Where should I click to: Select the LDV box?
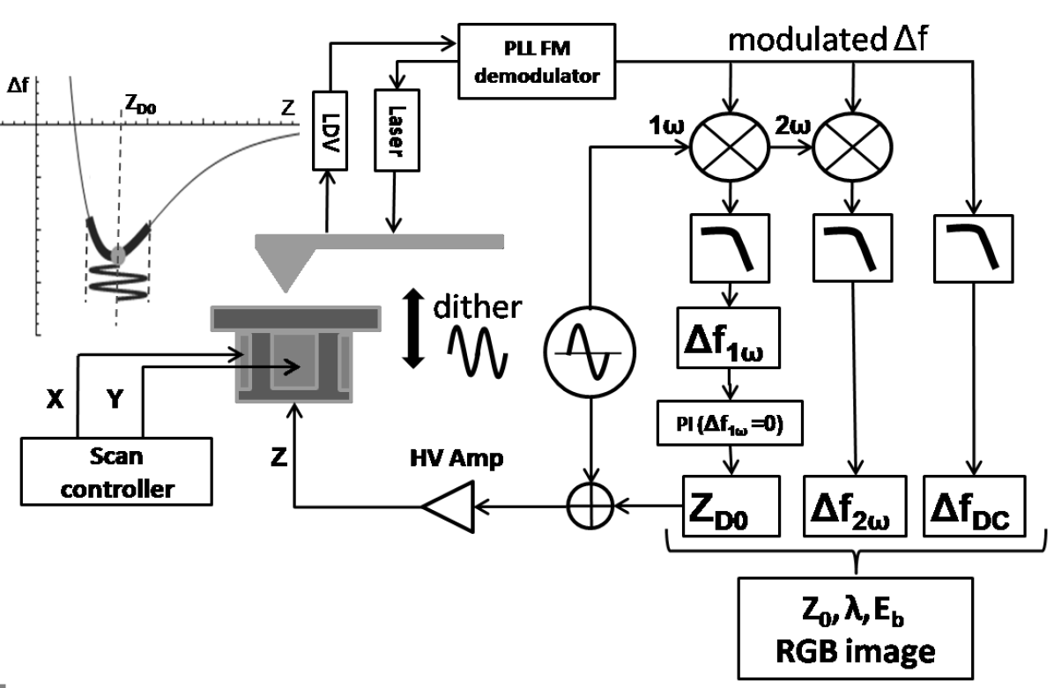(x=328, y=132)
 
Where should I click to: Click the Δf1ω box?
(x=731, y=337)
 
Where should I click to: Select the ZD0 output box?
(x=731, y=506)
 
